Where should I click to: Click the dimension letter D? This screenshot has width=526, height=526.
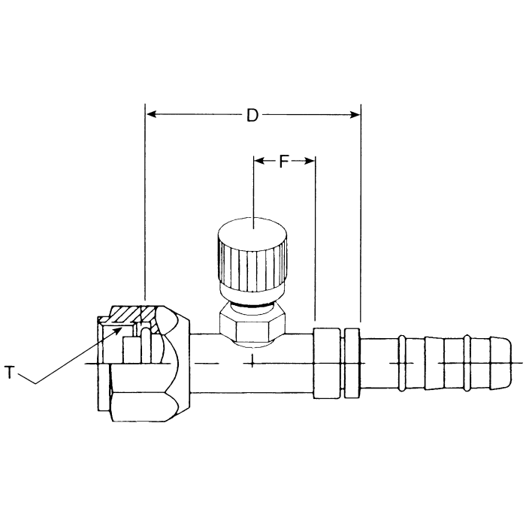[x=252, y=115]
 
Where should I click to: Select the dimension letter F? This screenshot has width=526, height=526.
[x=283, y=160]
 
